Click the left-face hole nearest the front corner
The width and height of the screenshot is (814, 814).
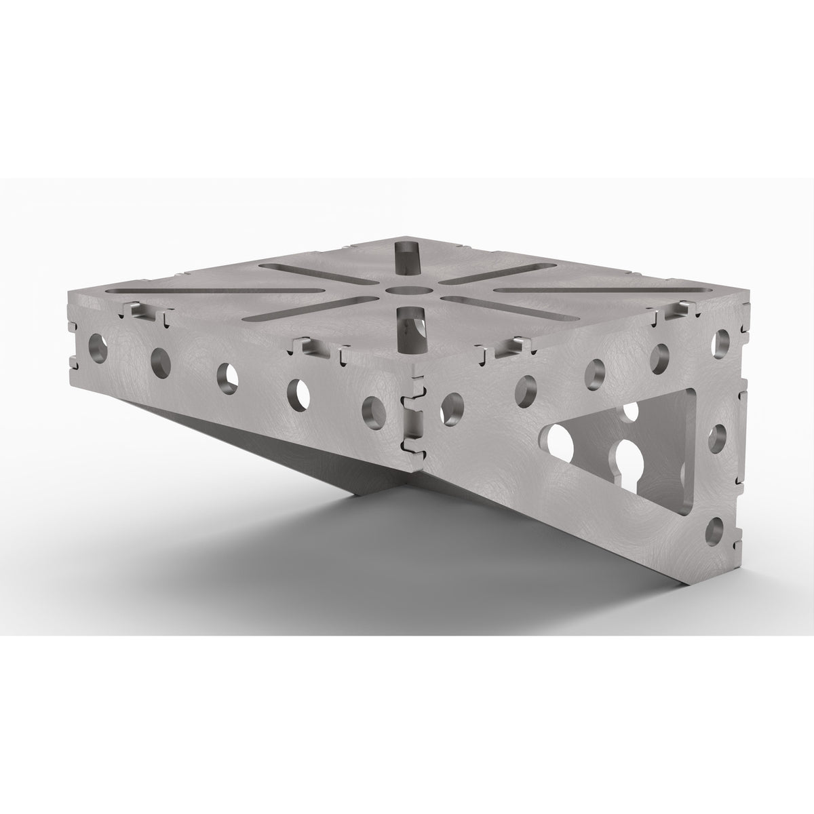pyautogui.click(x=373, y=409)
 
